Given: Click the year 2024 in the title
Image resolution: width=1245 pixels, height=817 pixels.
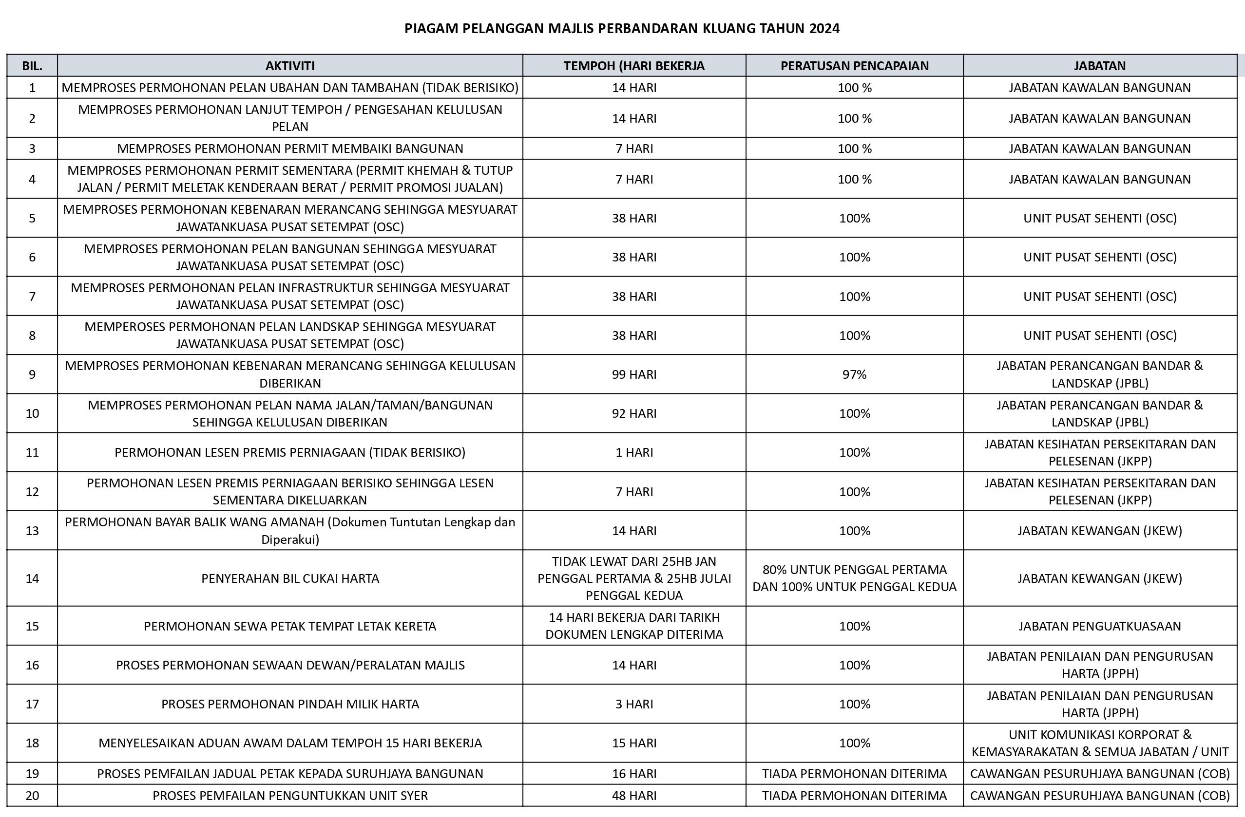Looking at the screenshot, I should (x=824, y=28).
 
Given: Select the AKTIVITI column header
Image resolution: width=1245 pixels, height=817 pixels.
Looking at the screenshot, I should (x=290, y=66).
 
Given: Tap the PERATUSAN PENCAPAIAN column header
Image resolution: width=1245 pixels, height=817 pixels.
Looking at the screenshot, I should (x=854, y=66).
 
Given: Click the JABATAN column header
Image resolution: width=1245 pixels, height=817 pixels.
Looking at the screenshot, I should (x=1100, y=66).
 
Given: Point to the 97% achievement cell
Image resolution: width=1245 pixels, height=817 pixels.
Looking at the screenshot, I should (x=854, y=374).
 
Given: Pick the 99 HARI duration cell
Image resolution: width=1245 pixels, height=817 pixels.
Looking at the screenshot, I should (x=634, y=374).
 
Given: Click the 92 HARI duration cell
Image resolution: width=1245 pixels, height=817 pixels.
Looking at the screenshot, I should (x=634, y=413).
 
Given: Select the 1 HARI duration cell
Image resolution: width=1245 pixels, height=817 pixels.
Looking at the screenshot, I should (x=634, y=452).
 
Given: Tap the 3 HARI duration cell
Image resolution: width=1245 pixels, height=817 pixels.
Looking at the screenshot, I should (x=634, y=704).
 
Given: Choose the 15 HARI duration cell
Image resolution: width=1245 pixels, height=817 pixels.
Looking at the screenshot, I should (x=634, y=743).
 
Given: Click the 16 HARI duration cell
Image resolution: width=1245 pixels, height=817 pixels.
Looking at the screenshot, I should (x=634, y=774).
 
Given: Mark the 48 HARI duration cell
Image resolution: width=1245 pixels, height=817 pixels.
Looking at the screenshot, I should (x=634, y=796).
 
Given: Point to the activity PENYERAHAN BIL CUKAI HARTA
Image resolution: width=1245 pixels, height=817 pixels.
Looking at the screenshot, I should (x=290, y=578).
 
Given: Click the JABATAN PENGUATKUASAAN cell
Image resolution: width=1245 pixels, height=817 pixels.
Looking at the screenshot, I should (x=1100, y=626).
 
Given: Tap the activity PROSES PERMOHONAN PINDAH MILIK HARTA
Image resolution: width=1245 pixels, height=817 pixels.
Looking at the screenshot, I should (x=290, y=704).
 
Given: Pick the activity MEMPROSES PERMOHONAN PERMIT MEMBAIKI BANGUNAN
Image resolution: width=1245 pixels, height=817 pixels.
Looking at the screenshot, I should (x=290, y=149).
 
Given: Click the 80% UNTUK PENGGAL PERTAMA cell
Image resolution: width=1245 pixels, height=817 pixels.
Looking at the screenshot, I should (x=854, y=578).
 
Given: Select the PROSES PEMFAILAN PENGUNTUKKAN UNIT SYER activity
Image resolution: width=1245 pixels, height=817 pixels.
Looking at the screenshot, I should (x=290, y=796).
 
